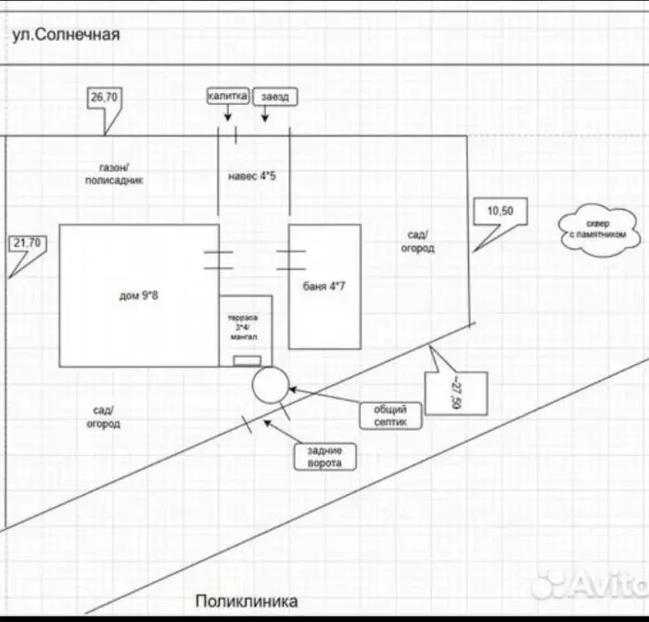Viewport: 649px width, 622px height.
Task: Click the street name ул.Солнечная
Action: click(x=66, y=34)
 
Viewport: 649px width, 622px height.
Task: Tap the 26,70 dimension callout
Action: click(x=104, y=98)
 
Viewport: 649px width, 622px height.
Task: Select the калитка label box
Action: click(x=228, y=97)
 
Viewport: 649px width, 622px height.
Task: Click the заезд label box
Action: click(x=275, y=97)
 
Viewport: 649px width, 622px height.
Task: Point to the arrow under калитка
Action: click(x=228, y=112)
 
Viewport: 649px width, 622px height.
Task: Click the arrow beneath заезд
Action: click(x=265, y=114)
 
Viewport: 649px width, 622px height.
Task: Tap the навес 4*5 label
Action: click(x=252, y=176)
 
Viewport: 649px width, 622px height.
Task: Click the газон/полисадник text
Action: click(x=114, y=174)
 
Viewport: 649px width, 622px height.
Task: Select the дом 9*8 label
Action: click(x=139, y=295)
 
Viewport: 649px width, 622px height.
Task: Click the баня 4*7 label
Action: click(x=324, y=286)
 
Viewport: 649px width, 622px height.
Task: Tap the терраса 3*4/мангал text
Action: click(x=243, y=328)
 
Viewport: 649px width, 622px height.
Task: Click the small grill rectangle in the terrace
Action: click(x=248, y=361)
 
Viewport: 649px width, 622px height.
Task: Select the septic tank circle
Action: click(x=271, y=385)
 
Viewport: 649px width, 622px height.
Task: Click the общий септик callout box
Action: click(x=390, y=416)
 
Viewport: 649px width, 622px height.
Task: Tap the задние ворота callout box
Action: click(x=324, y=457)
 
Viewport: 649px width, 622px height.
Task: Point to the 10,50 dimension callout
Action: click(x=501, y=212)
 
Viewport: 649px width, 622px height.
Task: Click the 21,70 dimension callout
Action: click(x=28, y=243)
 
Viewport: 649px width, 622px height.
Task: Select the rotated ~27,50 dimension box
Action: click(x=456, y=394)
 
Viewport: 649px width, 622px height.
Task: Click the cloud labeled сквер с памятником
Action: click(x=599, y=230)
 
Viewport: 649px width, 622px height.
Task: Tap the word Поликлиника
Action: click(x=247, y=602)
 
